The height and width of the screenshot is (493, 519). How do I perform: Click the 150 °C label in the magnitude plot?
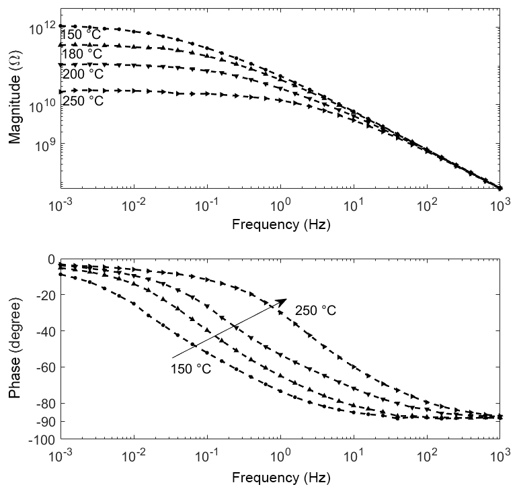point(82,35)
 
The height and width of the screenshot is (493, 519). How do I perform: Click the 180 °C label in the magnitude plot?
point(82,54)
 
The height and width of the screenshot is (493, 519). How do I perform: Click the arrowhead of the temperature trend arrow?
point(282,302)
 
